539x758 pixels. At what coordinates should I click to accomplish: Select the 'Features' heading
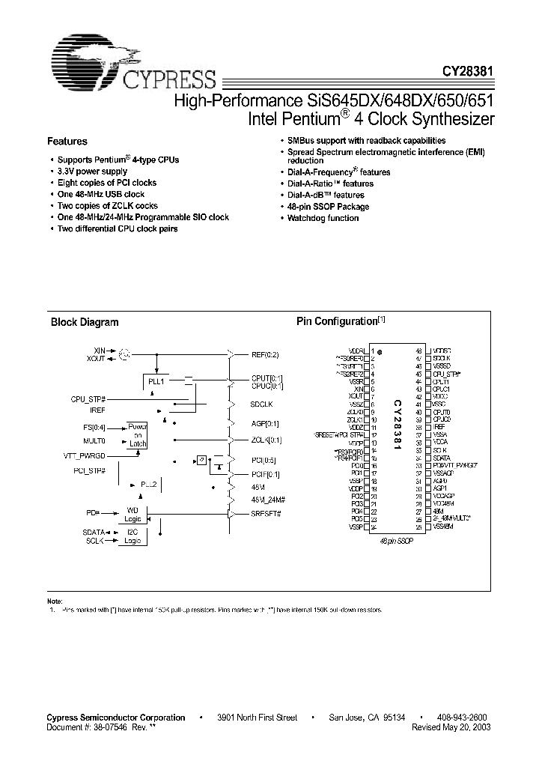pos(67,141)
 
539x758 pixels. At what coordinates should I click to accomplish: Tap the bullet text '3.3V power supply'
pos(93,172)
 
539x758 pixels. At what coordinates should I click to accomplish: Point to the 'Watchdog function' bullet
pos(323,218)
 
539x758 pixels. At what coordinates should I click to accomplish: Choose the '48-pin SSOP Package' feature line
pos(329,207)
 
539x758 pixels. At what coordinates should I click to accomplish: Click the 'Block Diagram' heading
pos(85,322)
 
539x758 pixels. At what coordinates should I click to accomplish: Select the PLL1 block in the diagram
pos(156,381)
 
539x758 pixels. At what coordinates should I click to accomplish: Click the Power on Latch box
pos(138,434)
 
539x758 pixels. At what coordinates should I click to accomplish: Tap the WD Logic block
pos(133,514)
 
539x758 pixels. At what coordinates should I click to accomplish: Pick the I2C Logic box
pos(133,536)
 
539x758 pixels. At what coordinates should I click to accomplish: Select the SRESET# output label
pos(267,514)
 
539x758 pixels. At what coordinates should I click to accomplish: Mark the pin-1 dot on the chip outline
pos(380,351)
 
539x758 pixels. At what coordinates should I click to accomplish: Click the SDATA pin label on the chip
pos(442,458)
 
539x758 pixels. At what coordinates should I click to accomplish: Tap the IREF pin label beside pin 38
pos(439,426)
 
